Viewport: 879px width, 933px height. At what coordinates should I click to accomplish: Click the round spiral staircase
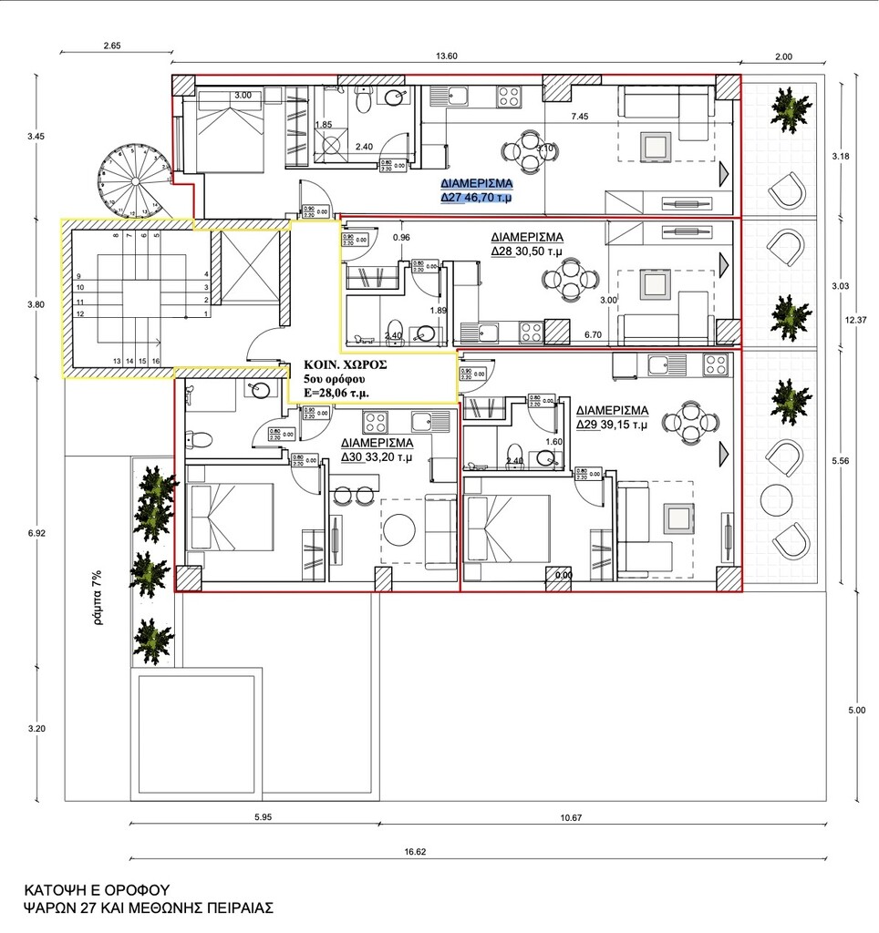coord(134,179)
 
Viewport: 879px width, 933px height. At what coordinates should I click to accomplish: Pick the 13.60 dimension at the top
coord(447,56)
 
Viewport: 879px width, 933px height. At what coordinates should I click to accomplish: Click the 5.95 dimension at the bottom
coord(263,818)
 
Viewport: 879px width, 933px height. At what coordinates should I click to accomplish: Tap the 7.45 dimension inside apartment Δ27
coord(580,117)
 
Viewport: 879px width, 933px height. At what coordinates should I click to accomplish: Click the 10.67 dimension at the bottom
coord(572,818)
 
